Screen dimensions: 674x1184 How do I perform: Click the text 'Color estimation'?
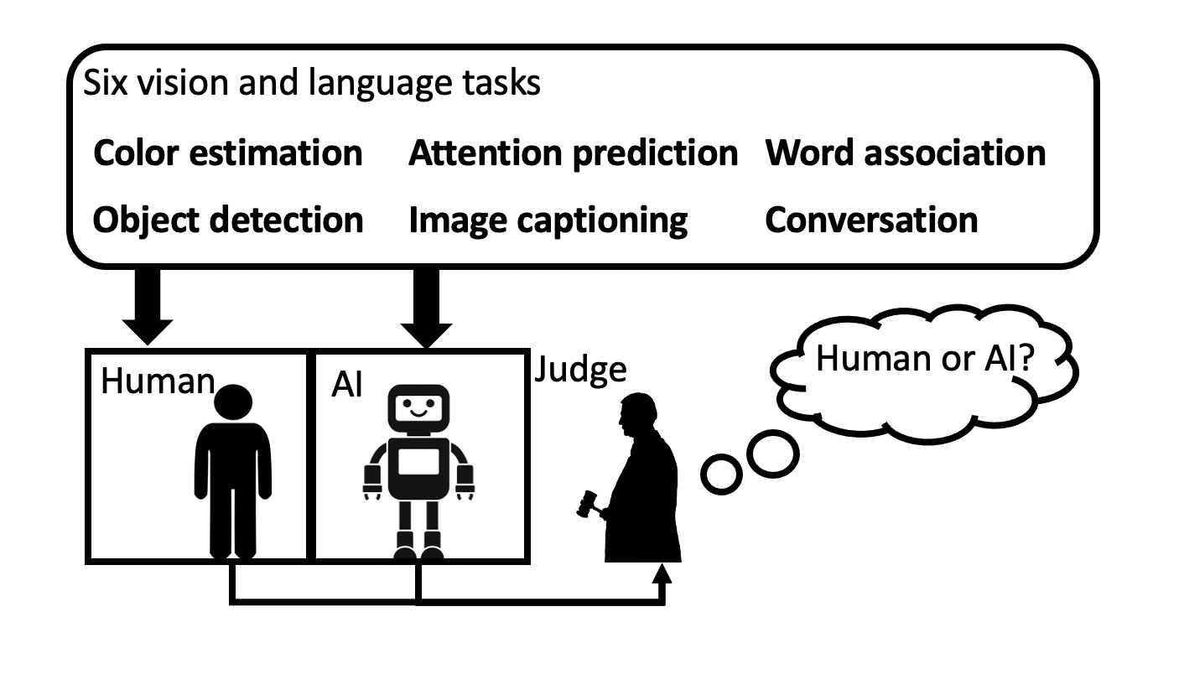click(x=227, y=153)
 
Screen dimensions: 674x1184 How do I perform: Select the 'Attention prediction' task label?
click(x=573, y=153)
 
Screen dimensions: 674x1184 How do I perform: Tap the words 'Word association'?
click(x=905, y=153)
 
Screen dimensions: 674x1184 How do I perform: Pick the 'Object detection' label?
click(x=227, y=220)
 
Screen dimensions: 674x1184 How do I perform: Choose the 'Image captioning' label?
click(x=548, y=220)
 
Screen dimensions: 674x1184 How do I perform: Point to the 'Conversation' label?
click(x=870, y=220)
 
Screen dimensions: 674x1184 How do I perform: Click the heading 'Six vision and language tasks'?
click(x=311, y=83)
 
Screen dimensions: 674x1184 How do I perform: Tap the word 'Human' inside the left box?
click(x=158, y=381)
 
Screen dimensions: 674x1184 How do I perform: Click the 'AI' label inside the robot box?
click(x=346, y=386)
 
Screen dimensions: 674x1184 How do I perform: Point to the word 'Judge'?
click(x=580, y=369)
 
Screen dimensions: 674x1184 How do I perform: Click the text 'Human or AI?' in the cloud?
click(x=925, y=358)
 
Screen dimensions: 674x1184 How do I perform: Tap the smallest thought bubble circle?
click(x=721, y=474)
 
